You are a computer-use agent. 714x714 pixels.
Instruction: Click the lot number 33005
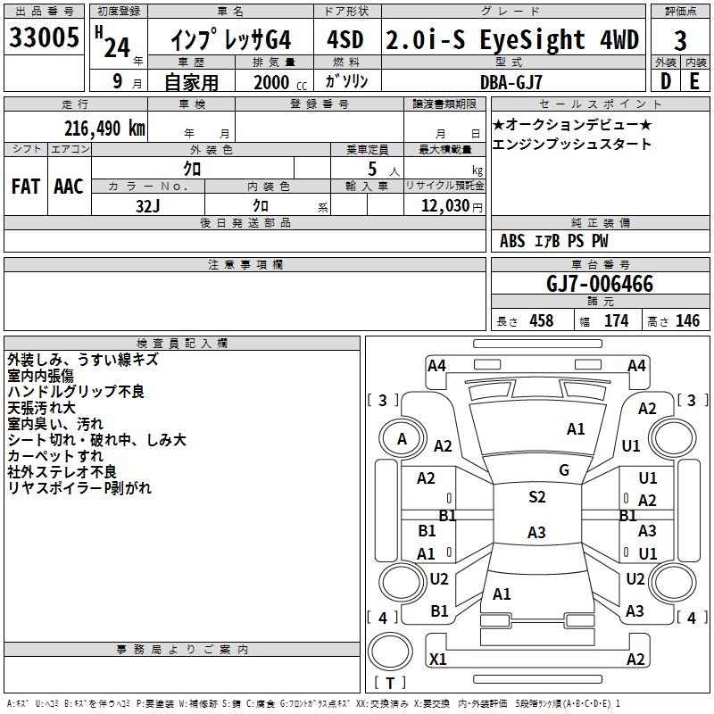44,40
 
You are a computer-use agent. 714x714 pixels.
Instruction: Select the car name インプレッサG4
231,40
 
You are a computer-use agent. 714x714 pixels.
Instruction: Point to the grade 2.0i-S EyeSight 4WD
512,40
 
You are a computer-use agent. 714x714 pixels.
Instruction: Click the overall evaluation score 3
681,40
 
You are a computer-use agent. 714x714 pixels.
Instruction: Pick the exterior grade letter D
665,81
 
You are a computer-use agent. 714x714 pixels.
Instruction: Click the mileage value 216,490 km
105,128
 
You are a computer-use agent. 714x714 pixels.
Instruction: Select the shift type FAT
25,187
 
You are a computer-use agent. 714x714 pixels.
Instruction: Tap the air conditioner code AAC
69,187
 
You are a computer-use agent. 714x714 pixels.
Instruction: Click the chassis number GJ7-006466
600,285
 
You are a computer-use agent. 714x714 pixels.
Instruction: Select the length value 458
541,321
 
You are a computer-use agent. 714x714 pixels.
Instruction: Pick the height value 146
687,321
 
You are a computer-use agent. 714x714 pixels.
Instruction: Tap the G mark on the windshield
564,470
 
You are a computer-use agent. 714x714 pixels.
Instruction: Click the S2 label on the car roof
537,497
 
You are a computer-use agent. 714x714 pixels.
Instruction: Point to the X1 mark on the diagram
438,660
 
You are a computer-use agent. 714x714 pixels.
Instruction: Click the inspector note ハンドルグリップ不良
76,392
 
